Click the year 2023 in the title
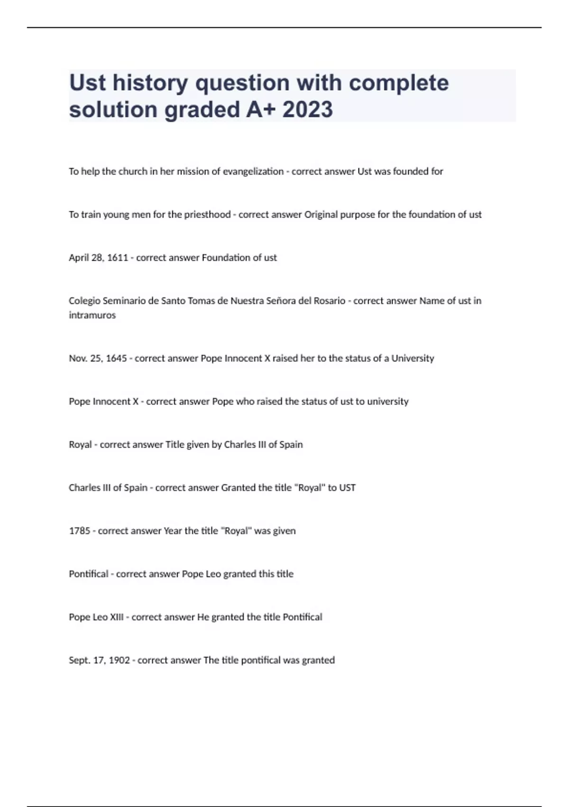tap(308, 110)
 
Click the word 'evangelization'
tap(253, 171)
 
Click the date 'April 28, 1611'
tap(98, 258)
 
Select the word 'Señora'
tap(275, 301)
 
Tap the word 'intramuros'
tap(92, 315)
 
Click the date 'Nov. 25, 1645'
tap(98, 358)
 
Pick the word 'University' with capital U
tap(413, 358)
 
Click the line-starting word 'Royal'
tap(80, 445)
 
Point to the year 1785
tap(79, 531)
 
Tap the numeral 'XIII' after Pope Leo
tap(117, 617)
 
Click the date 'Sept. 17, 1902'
tap(99, 660)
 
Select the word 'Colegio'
tap(84, 301)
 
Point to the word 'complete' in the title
tap(399, 83)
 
